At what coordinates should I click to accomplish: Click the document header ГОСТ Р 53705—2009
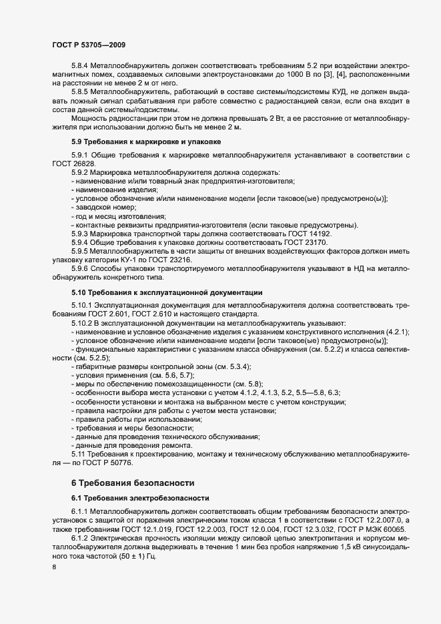(x=89, y=44)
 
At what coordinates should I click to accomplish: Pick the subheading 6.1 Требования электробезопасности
(x=141, y=498)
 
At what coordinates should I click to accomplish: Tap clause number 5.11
(x=78, y=454)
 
